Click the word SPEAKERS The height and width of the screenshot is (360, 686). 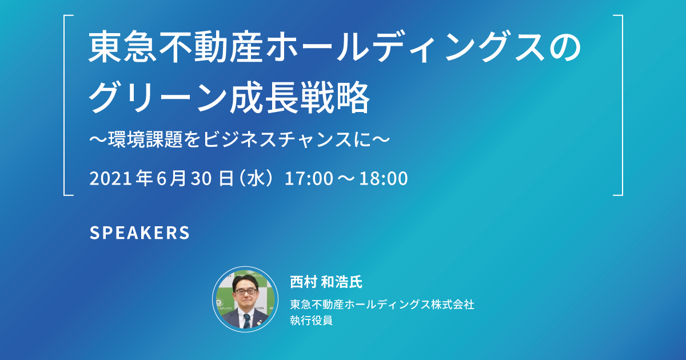tap(139, 233)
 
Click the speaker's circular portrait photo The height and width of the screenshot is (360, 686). tap(245, 299)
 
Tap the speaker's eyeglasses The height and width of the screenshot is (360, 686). tap(246, 291)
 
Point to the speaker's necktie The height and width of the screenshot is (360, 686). tap(246, 321)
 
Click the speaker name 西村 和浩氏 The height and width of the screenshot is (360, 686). tap(326, 282)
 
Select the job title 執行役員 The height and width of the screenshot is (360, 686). tap(311, 320)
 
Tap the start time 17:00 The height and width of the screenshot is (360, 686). tap(309, 178)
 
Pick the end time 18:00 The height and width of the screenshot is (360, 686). tap(384, 178)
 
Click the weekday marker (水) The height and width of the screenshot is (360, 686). tap(256, 178)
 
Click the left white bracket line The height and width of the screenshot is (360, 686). tap(64, 105)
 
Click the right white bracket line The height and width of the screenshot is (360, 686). tap(622, 105)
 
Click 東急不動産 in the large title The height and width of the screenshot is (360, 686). tap(176, 47)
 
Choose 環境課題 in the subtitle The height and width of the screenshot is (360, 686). tap(145, 139)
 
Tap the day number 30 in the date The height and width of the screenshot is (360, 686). tap(201, 178)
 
